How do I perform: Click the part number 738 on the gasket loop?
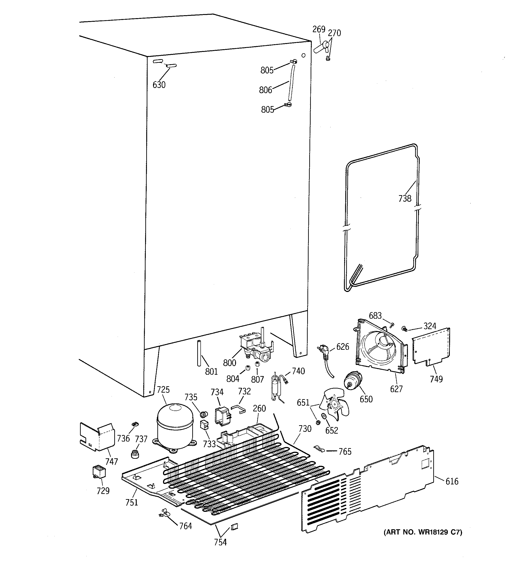[405, 199]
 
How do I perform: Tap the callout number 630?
[159, 85]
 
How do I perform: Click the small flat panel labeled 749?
[431, 347]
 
